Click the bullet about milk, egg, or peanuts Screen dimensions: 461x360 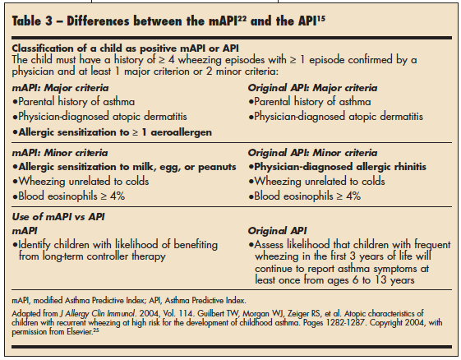pos(115,167)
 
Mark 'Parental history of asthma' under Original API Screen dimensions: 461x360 pos(311,102)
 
